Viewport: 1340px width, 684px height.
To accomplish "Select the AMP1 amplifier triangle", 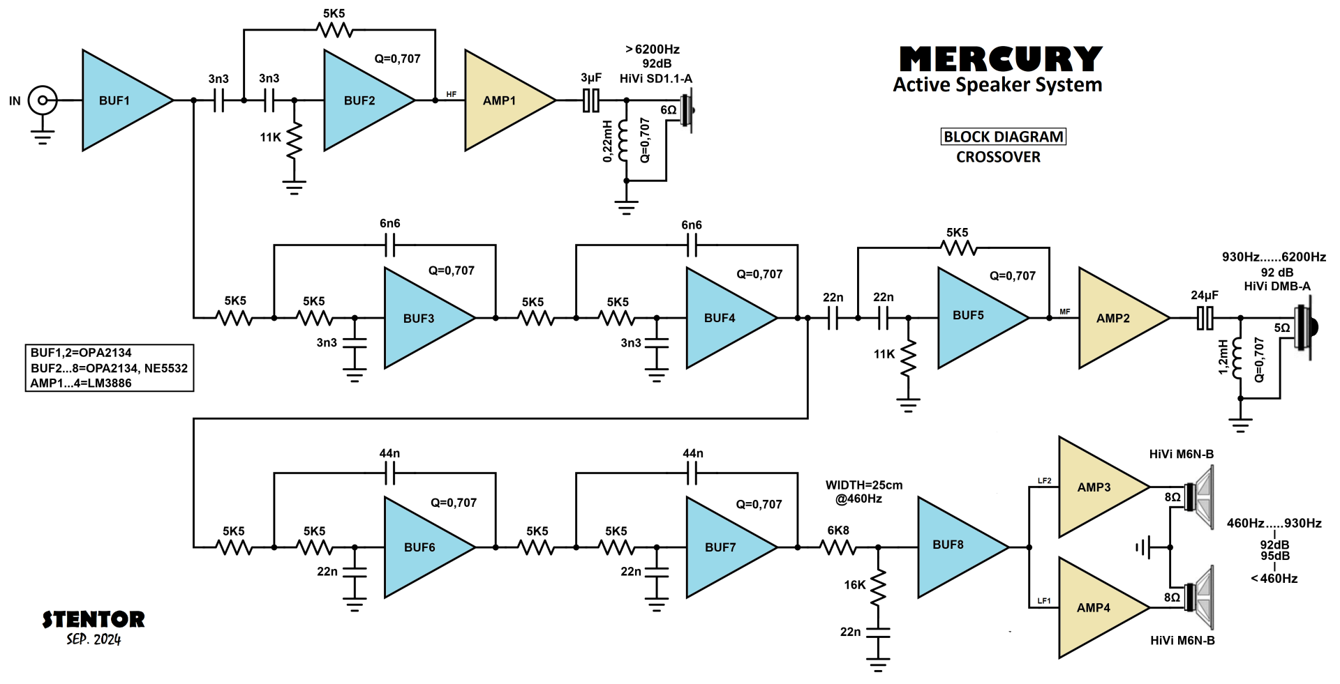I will [x=502, y=100].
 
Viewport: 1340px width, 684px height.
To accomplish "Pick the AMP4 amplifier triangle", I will [x=1096, y=608].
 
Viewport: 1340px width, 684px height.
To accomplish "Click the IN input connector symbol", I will [x=43, y=100].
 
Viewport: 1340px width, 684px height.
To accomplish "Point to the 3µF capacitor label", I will [x=591, y=78].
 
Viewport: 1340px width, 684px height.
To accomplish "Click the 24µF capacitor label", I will [x=1205, y=296].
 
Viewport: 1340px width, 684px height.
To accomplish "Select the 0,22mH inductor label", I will [x=608, y=141].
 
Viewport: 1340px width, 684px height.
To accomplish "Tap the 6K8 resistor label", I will [x=838, y=531].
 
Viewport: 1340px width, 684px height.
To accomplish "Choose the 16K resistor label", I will [x=854, y=585].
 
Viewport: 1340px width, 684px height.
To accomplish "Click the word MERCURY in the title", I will [x=1001, y=59].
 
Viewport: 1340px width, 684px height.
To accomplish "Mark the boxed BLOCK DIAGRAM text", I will [x=1004, y=137].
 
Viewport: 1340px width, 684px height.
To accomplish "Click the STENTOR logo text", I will [x=94, y=619].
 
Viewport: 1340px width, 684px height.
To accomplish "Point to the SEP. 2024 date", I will [x=94, y=639].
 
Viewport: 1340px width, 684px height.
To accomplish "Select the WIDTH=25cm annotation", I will [x=864, y=485].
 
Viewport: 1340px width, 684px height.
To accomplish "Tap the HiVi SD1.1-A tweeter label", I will [x=656, y=79].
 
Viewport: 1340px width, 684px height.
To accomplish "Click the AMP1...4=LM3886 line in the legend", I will [x=81, y=383].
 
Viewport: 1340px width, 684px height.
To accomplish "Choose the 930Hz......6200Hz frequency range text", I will [x=1274, y=257].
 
